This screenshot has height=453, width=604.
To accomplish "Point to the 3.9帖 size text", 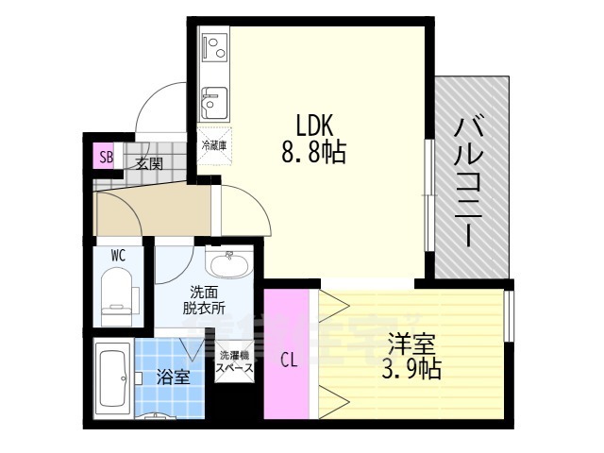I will coord(411,368).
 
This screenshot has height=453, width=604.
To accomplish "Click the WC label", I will coord(118,255).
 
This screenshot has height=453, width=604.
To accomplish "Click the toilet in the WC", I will coord(117,290).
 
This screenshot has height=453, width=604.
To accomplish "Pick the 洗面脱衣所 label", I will coord(204,299).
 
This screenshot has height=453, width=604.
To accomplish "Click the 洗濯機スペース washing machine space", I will coord(234,361).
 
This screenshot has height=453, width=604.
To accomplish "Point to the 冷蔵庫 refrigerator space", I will coord(212,145).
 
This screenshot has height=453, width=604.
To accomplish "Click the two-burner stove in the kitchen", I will coord(213,45).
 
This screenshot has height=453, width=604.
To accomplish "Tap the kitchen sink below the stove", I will coord(213,98).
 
